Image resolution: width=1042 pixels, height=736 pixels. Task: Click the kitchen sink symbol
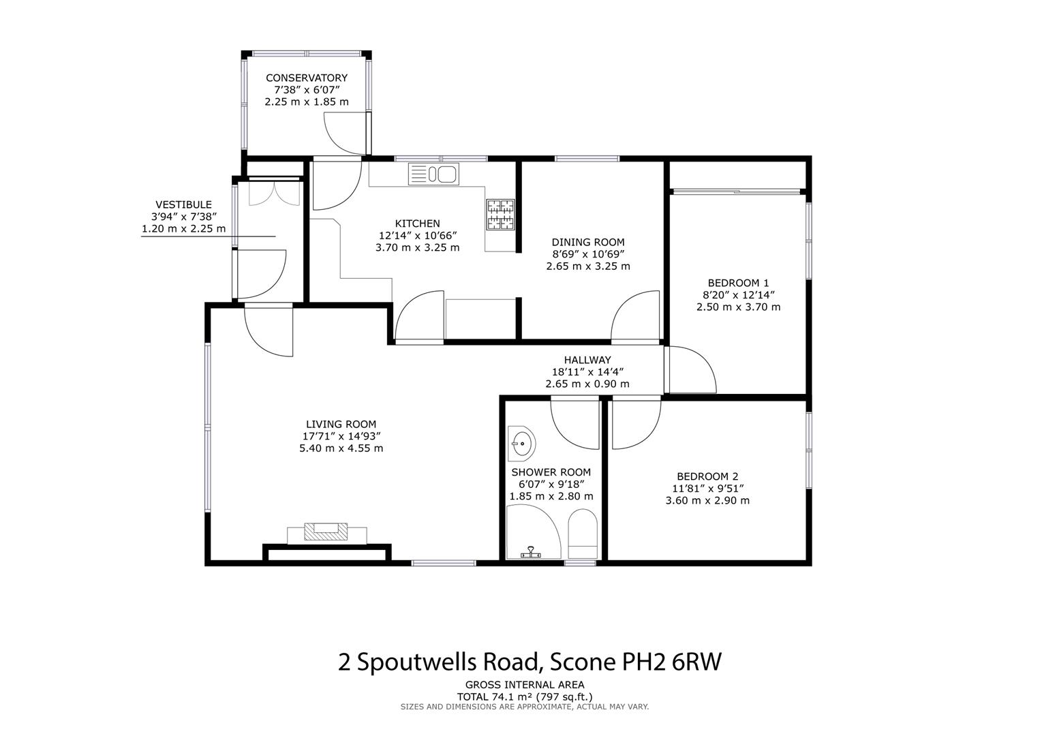tap(433, 174)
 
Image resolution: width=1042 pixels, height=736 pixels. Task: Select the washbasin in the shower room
tap(522, 444)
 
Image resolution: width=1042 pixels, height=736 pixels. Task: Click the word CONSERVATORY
tap(306, 78)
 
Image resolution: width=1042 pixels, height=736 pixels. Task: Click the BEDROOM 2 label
tap(707, 476)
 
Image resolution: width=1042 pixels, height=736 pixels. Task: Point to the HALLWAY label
tap(587, 360)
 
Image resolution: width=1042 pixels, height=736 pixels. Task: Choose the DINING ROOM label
tap(587, 242)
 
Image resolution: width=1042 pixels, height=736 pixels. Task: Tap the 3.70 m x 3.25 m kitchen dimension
tap(417, 247)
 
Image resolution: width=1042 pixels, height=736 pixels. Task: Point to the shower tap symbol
tap(530, 552)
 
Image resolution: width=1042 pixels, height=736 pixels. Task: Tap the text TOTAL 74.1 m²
tap(495, 696)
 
